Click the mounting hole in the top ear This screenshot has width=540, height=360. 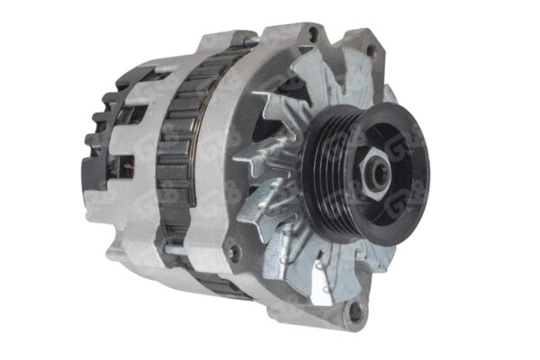[312, 34]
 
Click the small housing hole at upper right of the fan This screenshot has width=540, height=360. [370, 52]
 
